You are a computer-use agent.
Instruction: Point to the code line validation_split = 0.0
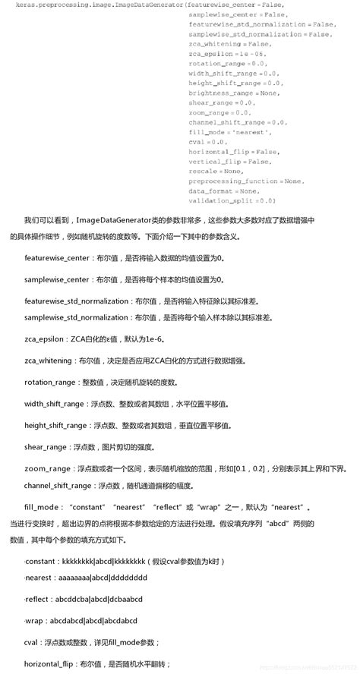pyautogui.click(x=232, y=200)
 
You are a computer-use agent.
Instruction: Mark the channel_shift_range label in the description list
pyautogui.click(x=59, y=485)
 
